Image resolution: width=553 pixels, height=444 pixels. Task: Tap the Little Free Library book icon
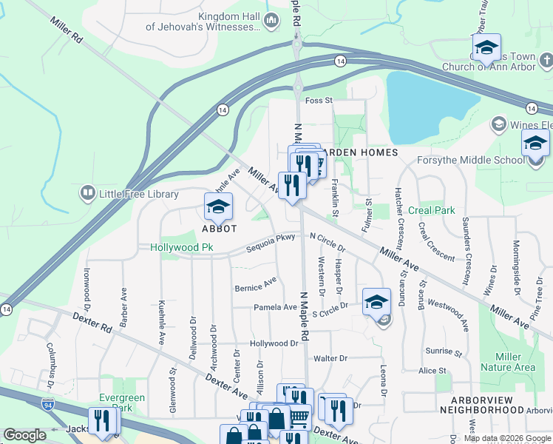87,194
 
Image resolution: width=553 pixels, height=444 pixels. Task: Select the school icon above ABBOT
218,208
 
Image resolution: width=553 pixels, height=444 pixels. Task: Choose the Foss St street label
320,100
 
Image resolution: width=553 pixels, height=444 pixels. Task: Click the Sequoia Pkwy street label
271,238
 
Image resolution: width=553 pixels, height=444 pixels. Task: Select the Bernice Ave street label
255,284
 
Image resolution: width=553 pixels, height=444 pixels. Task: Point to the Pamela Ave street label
275,307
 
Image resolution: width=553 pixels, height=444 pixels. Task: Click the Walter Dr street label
330,358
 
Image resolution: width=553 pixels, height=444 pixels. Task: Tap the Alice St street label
432,370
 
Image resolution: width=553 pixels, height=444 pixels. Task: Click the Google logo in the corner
24,435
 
